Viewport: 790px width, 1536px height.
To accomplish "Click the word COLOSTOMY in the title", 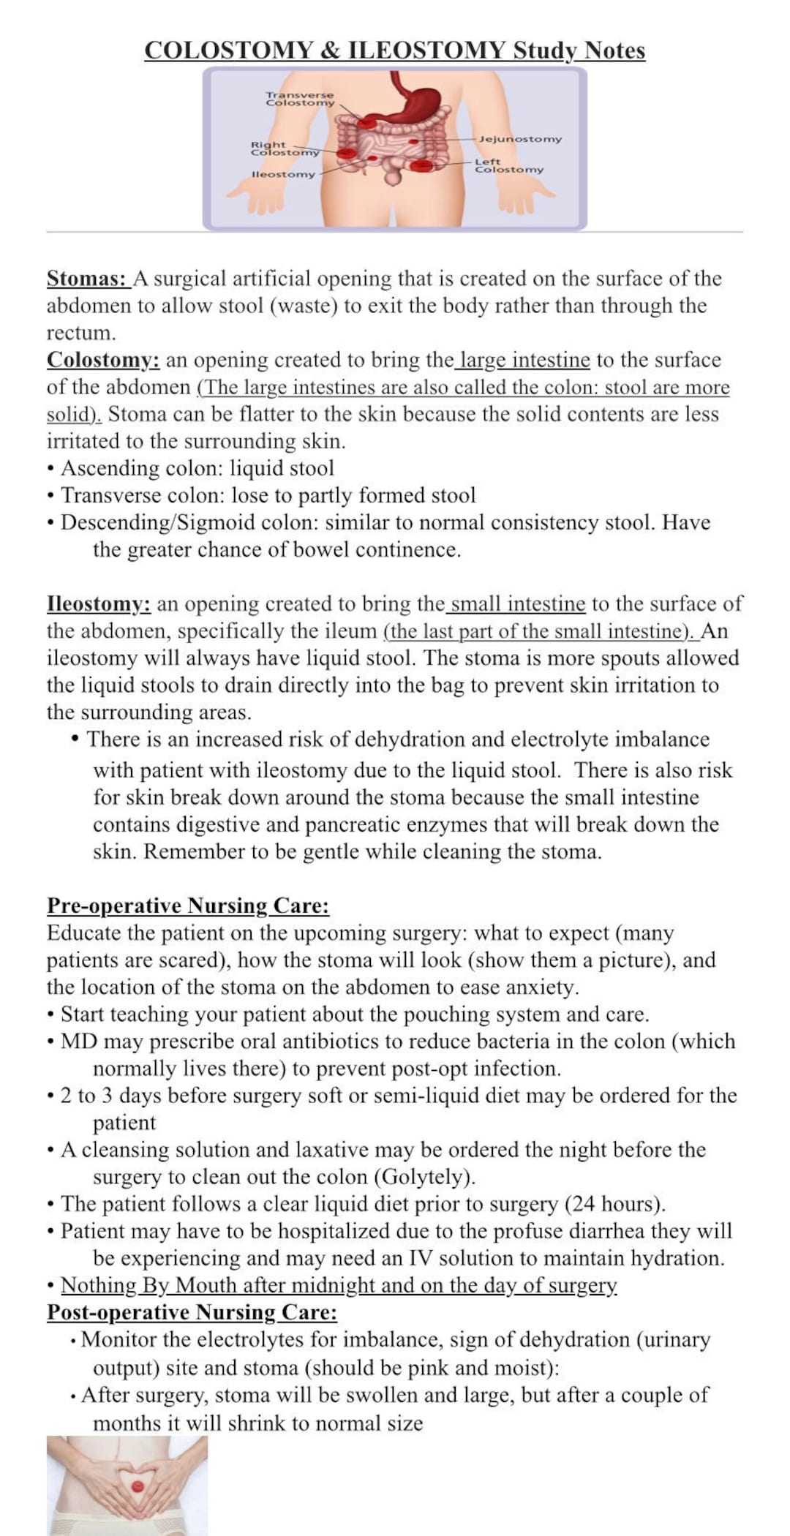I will point(228,50).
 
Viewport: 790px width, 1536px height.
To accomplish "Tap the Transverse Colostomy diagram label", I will point(299,99).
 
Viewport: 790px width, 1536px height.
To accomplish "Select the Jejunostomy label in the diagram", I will point(520,139).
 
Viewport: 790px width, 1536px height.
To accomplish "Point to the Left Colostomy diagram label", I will point(509,165).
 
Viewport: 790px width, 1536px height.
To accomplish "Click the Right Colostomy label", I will point(285,148).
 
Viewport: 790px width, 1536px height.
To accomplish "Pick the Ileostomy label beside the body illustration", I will point(283,174).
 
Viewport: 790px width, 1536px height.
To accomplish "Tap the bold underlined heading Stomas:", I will point(87,279).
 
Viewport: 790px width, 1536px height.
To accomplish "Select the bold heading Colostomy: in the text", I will point(103,360).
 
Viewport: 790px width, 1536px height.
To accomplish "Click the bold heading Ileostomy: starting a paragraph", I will point(99,604).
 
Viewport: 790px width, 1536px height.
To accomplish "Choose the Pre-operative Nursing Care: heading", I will point(188,906).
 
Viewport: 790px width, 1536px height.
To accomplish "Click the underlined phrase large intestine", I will point(524,360).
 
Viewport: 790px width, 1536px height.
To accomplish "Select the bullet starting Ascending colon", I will point(197,468).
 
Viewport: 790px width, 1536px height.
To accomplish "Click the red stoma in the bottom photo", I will point(137,1486).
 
